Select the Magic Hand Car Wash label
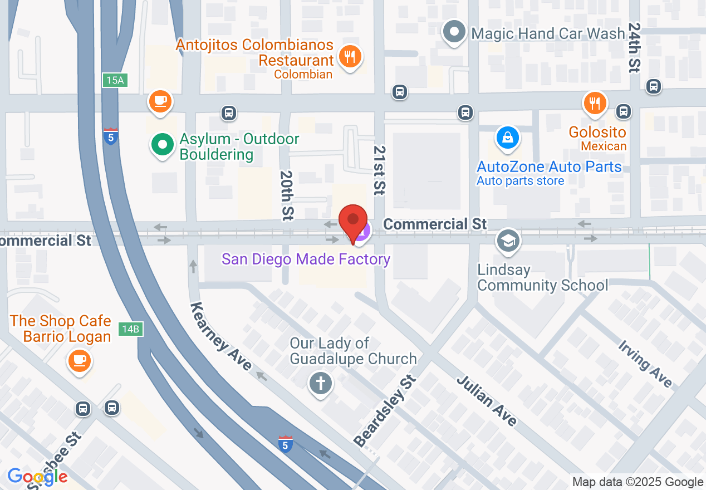tap(548, 33)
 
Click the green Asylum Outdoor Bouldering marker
tap(162, 145)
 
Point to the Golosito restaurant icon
tap(595, 103)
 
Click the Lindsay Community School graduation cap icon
tap(508, 241)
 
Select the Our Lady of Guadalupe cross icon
tap(321, 383)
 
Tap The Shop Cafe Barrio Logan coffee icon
tap(79, 360)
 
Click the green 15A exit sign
tap(115, 80)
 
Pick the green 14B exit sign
tap(130, 329)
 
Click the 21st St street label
tap(380, 170)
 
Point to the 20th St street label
tap(287, 194)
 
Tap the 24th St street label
tap(634, 47)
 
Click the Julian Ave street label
tap(487, 401)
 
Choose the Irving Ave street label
tap(645, 363)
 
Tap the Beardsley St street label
tap(385, 412)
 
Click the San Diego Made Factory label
tap(306, 259)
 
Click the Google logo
tap(37, 477)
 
